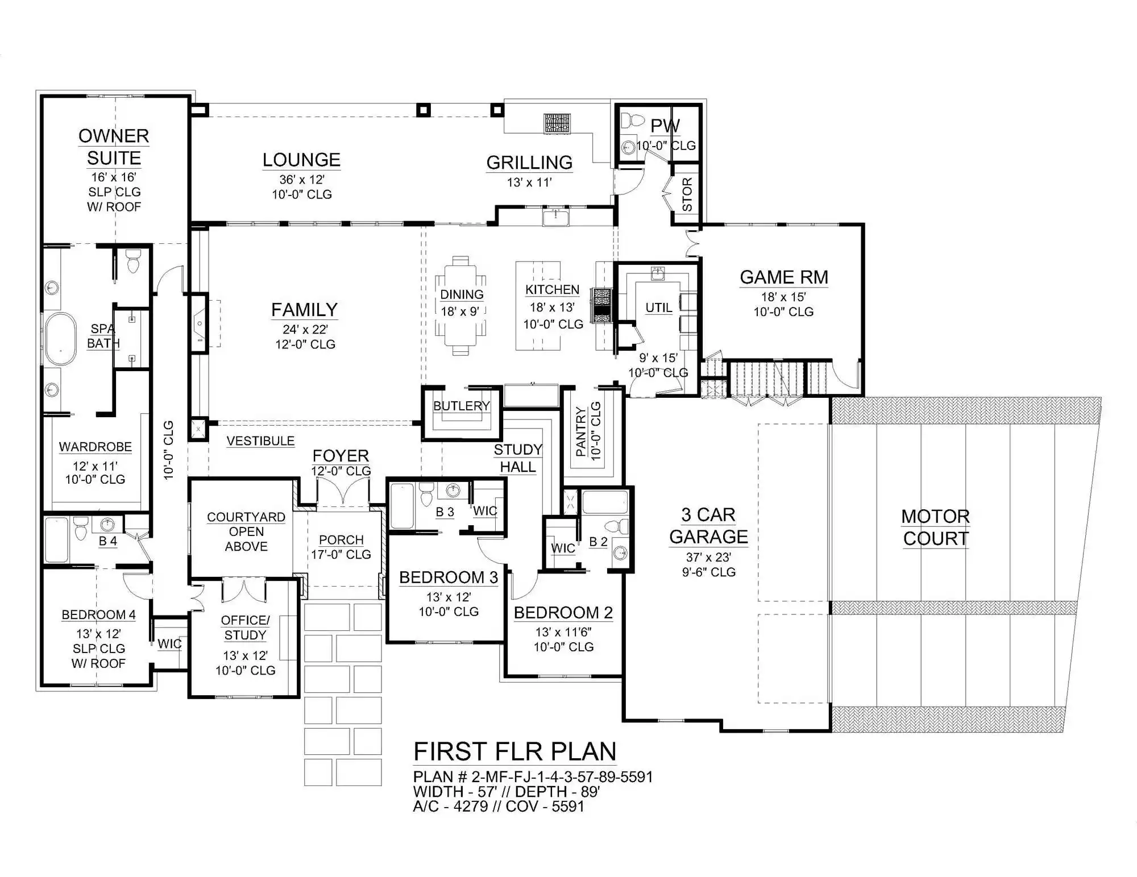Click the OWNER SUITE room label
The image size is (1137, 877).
(x=114, y=147)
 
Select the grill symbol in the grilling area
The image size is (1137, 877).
(x=557, y=124)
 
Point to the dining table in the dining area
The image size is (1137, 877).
(x=460, y=305)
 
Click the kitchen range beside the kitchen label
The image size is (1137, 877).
(x=601, y=305)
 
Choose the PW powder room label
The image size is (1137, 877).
(x=665, y=126)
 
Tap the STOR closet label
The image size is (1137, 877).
(x=687, y=194)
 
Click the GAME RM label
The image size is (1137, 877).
(x=783, y=277)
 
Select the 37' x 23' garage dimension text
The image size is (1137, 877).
(x=708, y=557)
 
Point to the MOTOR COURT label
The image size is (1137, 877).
(x=935, y=527)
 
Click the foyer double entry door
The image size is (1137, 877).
(x=343, y=491)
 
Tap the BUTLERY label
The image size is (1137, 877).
(x=461, y=406)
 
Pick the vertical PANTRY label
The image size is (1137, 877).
(x=580, y=431)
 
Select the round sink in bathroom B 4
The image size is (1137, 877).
(x=107, y=524)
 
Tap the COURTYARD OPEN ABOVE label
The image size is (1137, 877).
(x=246, y=531)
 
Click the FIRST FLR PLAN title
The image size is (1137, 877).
(x=514, y=751)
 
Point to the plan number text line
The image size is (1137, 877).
(x=533, y=777)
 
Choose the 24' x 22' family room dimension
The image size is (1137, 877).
(x=305, y=329)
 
